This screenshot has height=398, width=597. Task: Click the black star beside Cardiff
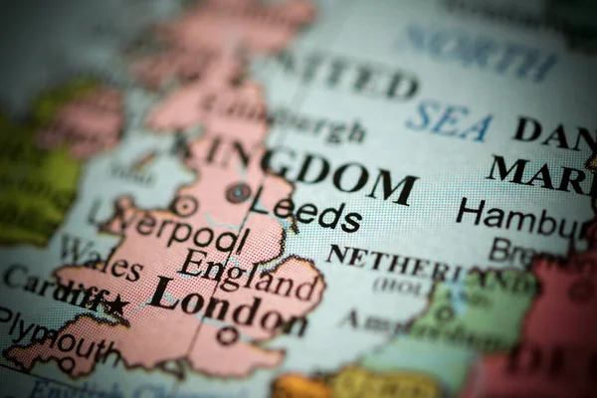tap(117, 305)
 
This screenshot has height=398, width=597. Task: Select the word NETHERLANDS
tap(418, 261)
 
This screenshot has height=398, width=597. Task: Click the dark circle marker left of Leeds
tap(238, 192)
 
